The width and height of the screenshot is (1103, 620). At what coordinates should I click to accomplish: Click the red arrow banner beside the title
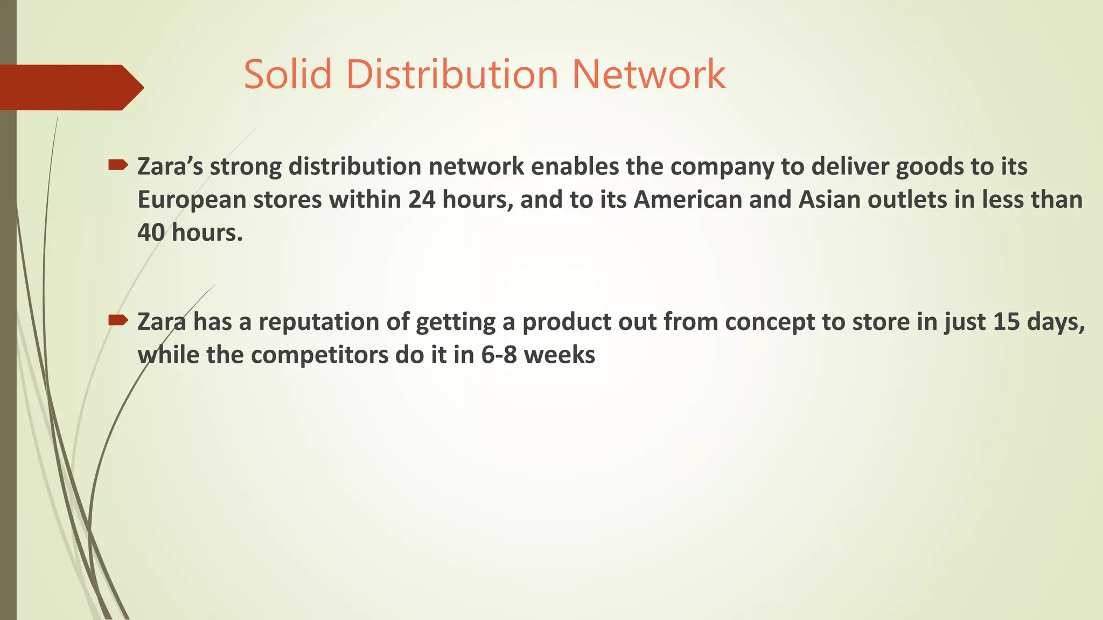pos(70,87)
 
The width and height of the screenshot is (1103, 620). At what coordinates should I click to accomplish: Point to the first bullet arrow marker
pos(118,165)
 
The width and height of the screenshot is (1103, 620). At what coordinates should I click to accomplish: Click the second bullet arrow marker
pos(118,321)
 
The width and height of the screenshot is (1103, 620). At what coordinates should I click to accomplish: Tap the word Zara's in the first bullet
pos(170,167)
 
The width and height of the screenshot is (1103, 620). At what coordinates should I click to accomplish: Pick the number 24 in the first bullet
pos(422,200)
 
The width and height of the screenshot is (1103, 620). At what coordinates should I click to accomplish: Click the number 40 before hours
pos(151,233)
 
